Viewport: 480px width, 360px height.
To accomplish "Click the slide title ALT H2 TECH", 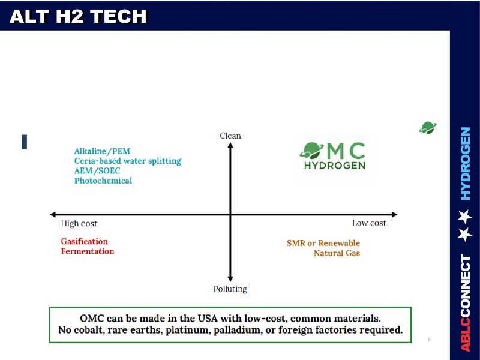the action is tap(79, 16).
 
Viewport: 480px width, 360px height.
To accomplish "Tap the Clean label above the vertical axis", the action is tap(230, 136).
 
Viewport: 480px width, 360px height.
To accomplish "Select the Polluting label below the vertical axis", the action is tap(230, 289).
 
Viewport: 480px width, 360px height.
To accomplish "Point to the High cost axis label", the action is tap(79, 223).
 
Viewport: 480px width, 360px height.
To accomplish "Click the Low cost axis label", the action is tap(369, 223).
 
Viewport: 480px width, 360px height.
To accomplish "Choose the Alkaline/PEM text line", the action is tap(102, 151).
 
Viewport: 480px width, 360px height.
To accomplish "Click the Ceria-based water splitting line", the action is tap(128, 161).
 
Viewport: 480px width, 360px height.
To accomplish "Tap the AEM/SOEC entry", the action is tap(97, 170).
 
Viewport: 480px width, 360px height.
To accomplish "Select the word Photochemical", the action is tap(103, 181).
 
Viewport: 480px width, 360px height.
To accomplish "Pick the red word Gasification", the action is tap(84, 241).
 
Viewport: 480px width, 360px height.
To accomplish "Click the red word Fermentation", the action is tap(87, 251).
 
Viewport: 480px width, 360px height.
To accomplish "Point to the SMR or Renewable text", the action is tap(323, 243).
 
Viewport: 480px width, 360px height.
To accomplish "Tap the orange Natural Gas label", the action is tap(337, 253).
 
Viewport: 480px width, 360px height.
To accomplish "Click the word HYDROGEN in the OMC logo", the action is tap(335, 166).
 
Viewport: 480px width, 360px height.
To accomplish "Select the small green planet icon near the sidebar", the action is tap(428, 128).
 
